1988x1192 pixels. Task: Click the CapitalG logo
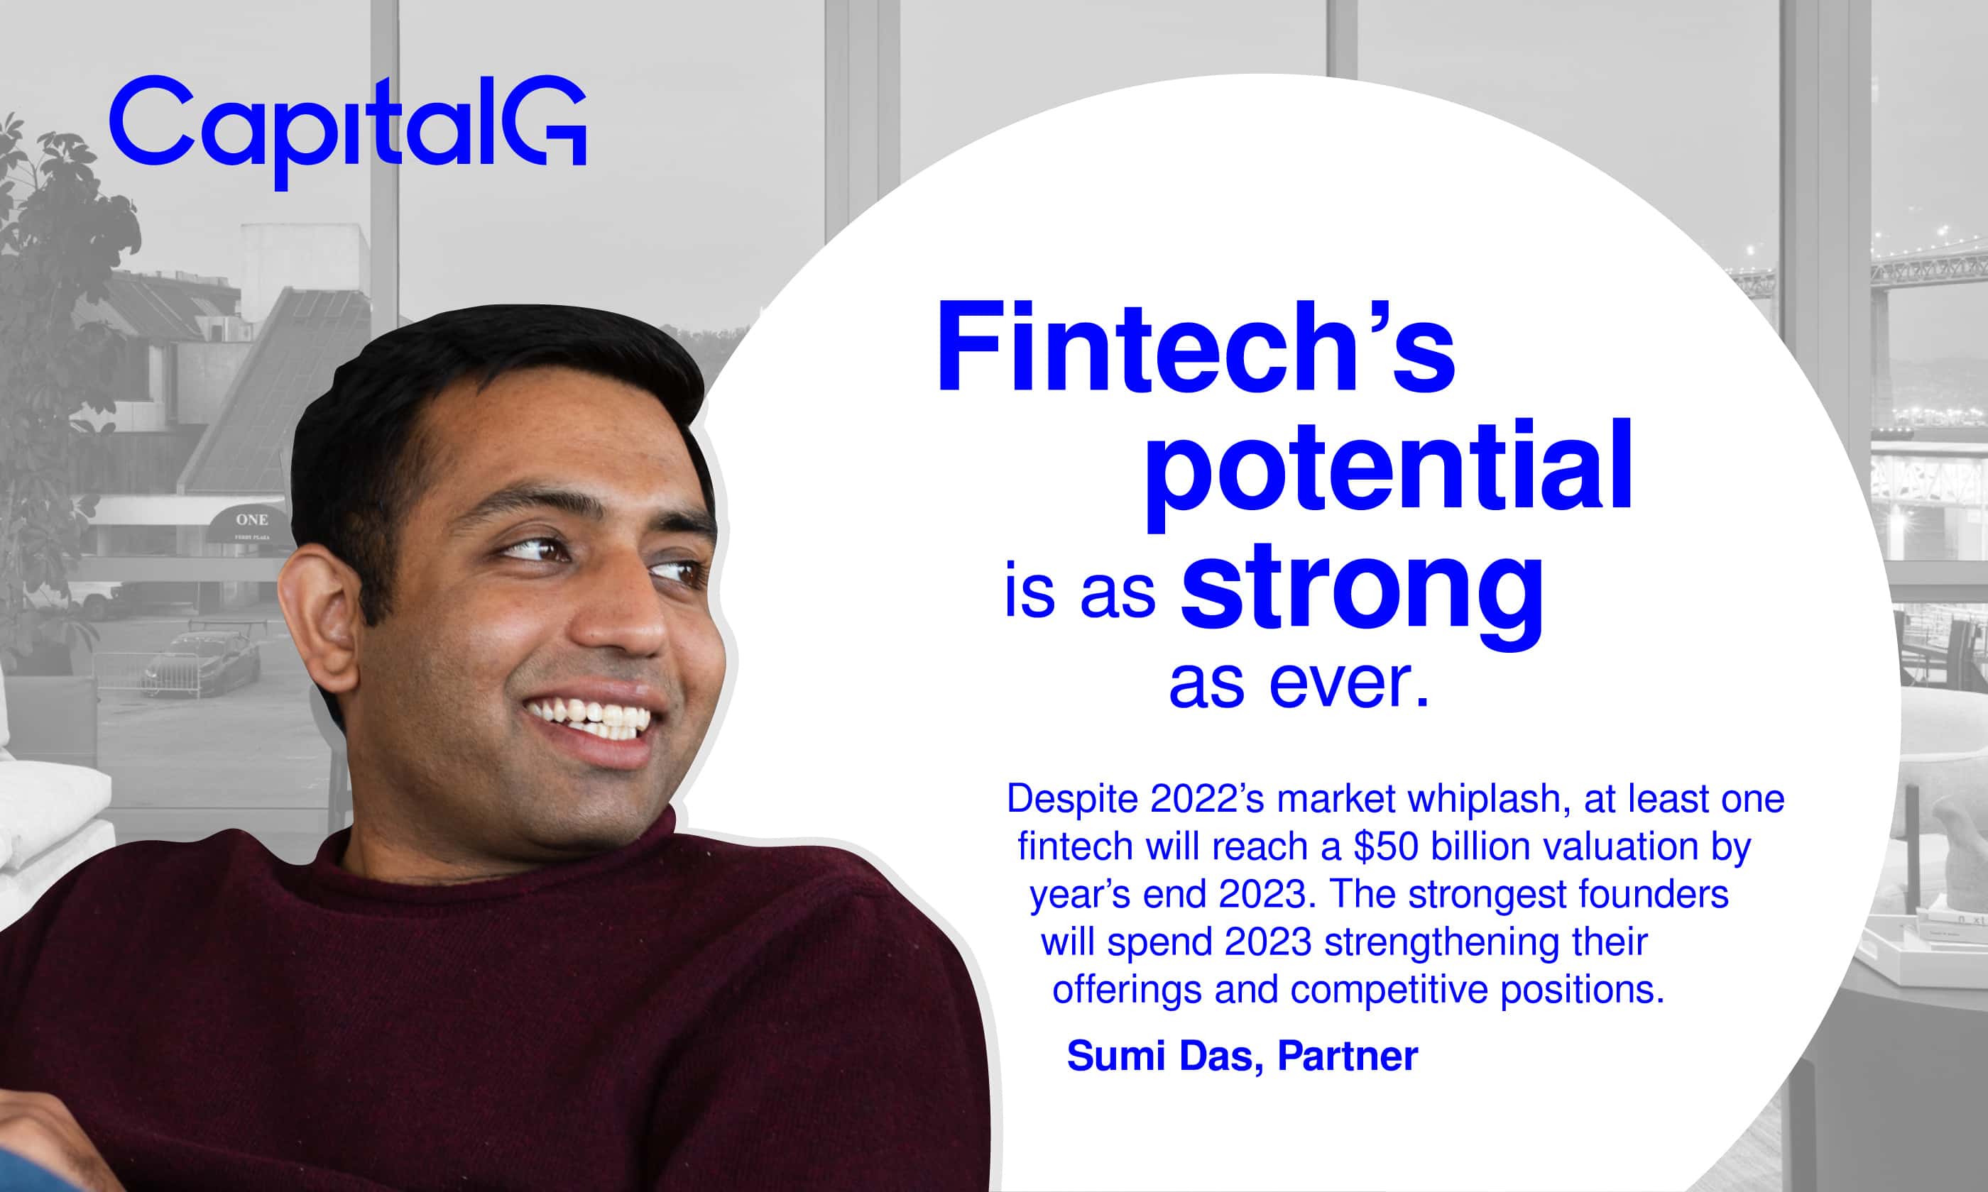tap(348, 131)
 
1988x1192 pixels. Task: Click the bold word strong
tap(1362, 595)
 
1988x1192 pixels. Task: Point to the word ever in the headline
tap(1349, 683)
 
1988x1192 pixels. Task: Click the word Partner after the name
tap(1348, 1056)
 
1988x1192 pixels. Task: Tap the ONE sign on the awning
tap(251, 519)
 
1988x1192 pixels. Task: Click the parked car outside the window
tap(201, 663)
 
